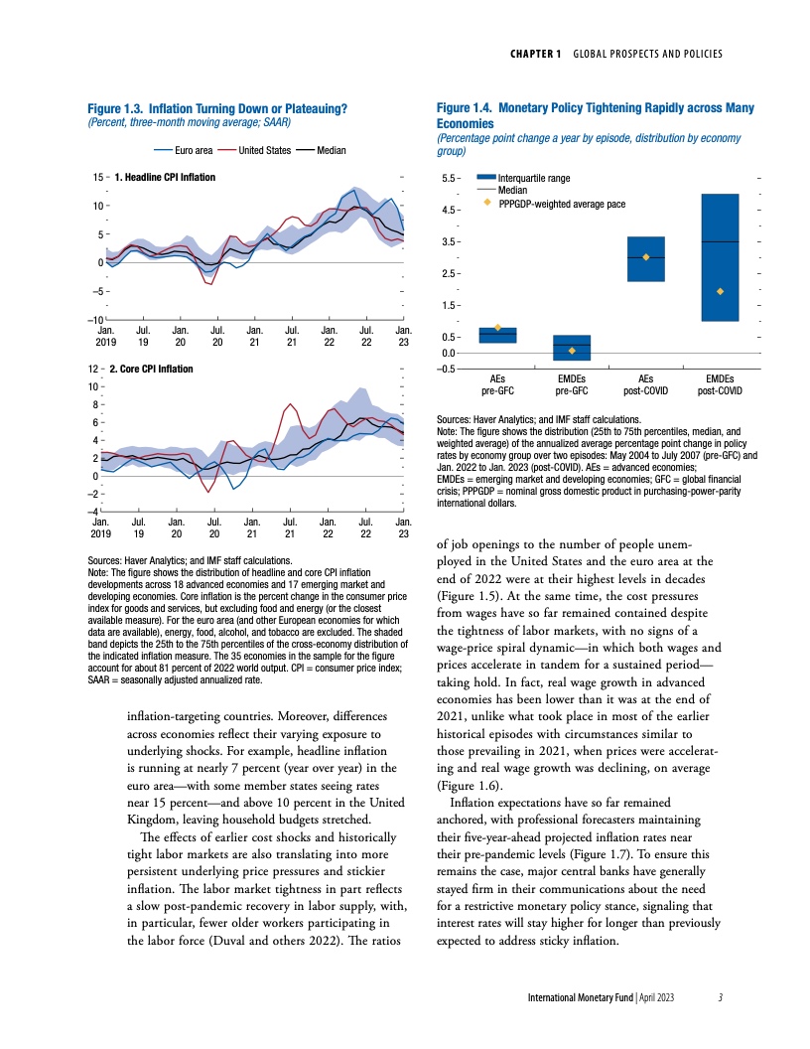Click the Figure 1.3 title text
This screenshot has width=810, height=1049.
coord(216,106)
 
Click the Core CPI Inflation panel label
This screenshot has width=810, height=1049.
coord(153,369)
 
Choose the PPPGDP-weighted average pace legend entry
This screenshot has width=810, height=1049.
coord(562,203)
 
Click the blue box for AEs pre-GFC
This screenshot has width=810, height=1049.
coord(497,335)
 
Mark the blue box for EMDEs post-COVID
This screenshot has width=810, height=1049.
coord(720,257)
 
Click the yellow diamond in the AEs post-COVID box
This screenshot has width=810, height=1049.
coord(646,257)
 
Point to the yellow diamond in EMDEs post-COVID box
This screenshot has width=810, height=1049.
coord(720,291)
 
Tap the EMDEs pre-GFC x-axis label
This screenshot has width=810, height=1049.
coord(572,384)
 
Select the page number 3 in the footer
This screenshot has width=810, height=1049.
coord(721,996)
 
